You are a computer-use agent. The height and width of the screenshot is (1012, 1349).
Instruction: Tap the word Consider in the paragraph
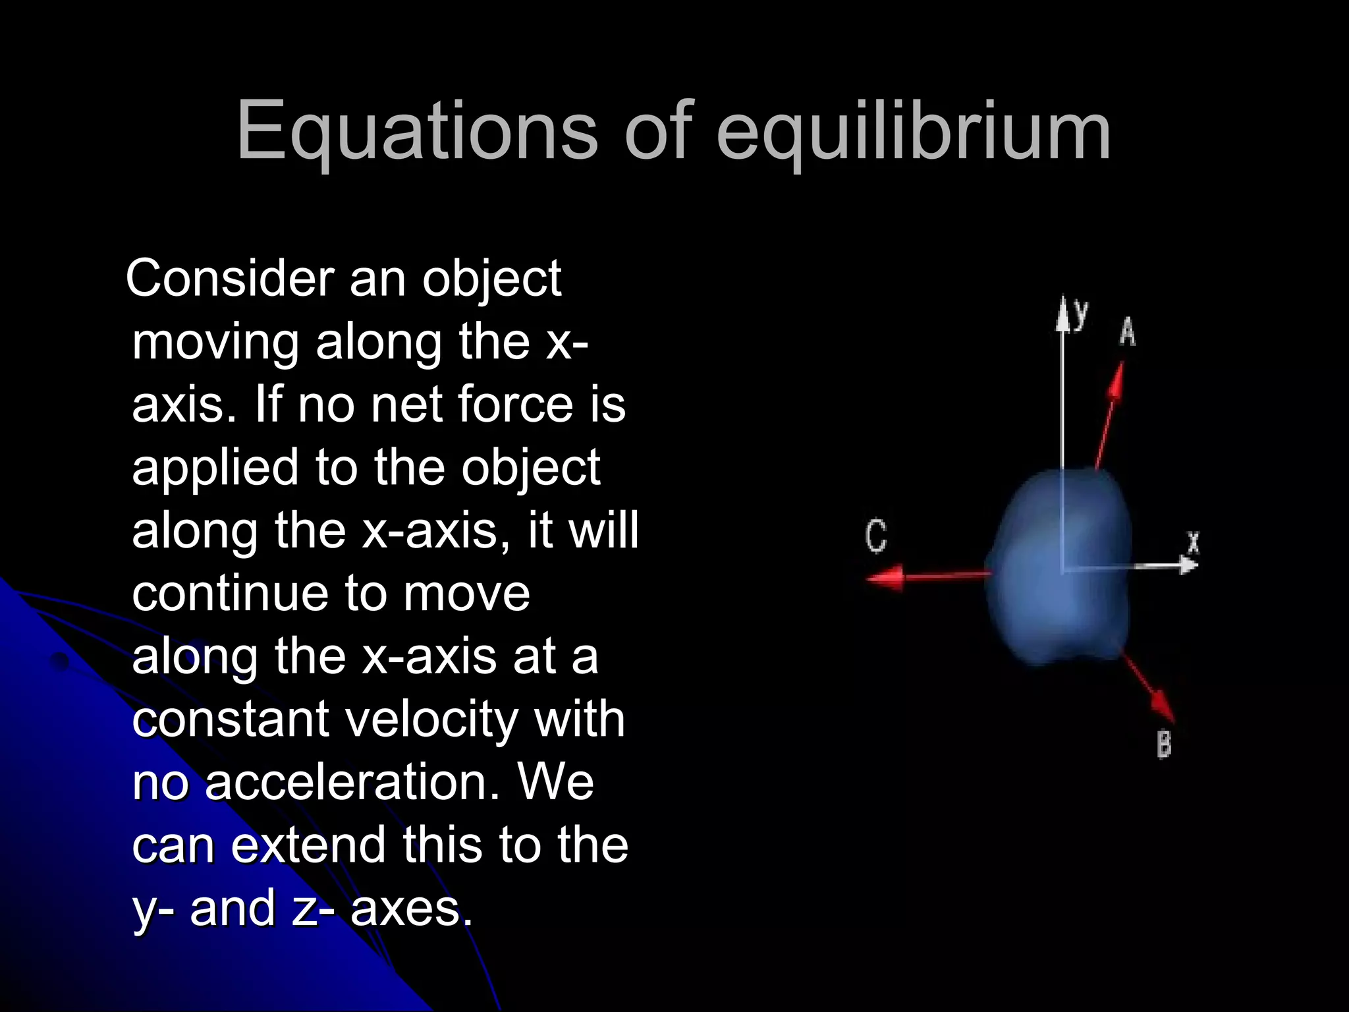tap(230, 278)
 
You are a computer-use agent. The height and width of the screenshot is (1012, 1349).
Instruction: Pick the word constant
tap(230, 719)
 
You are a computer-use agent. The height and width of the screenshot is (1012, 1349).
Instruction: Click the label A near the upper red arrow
tap(1128, 331)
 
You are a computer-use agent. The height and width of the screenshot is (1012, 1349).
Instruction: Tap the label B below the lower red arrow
tap(1164, 745)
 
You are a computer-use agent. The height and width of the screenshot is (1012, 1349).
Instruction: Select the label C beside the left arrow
tap(876, 535)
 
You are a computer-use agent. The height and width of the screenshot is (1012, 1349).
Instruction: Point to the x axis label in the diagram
tap(1193, 543)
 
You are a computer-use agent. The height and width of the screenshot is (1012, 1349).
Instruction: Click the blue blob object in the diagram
tap(1057, 567)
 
